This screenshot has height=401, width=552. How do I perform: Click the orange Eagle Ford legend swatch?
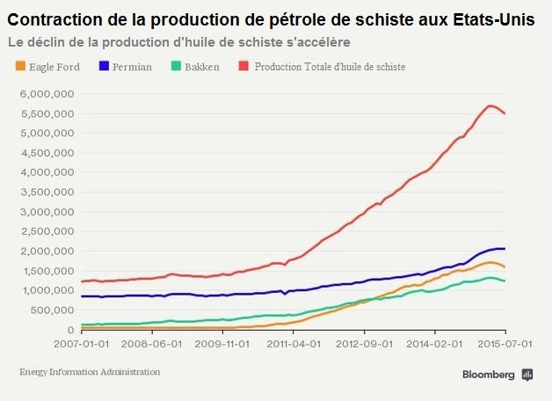[22, 66]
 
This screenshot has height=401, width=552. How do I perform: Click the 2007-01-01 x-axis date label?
[81, 346]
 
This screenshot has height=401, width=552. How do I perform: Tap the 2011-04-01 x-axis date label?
[293, 346]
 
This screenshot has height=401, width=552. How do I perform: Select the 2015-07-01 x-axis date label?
[505, 346]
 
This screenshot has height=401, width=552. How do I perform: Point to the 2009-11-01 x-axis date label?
[222, 346]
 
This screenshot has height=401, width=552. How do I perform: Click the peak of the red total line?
[490, 106]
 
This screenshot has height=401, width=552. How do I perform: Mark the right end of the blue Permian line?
[505, 249]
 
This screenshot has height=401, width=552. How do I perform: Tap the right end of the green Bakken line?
[505, 281]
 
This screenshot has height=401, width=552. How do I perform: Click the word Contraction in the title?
[53, 20]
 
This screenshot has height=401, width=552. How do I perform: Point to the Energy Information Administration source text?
[90, 372]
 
